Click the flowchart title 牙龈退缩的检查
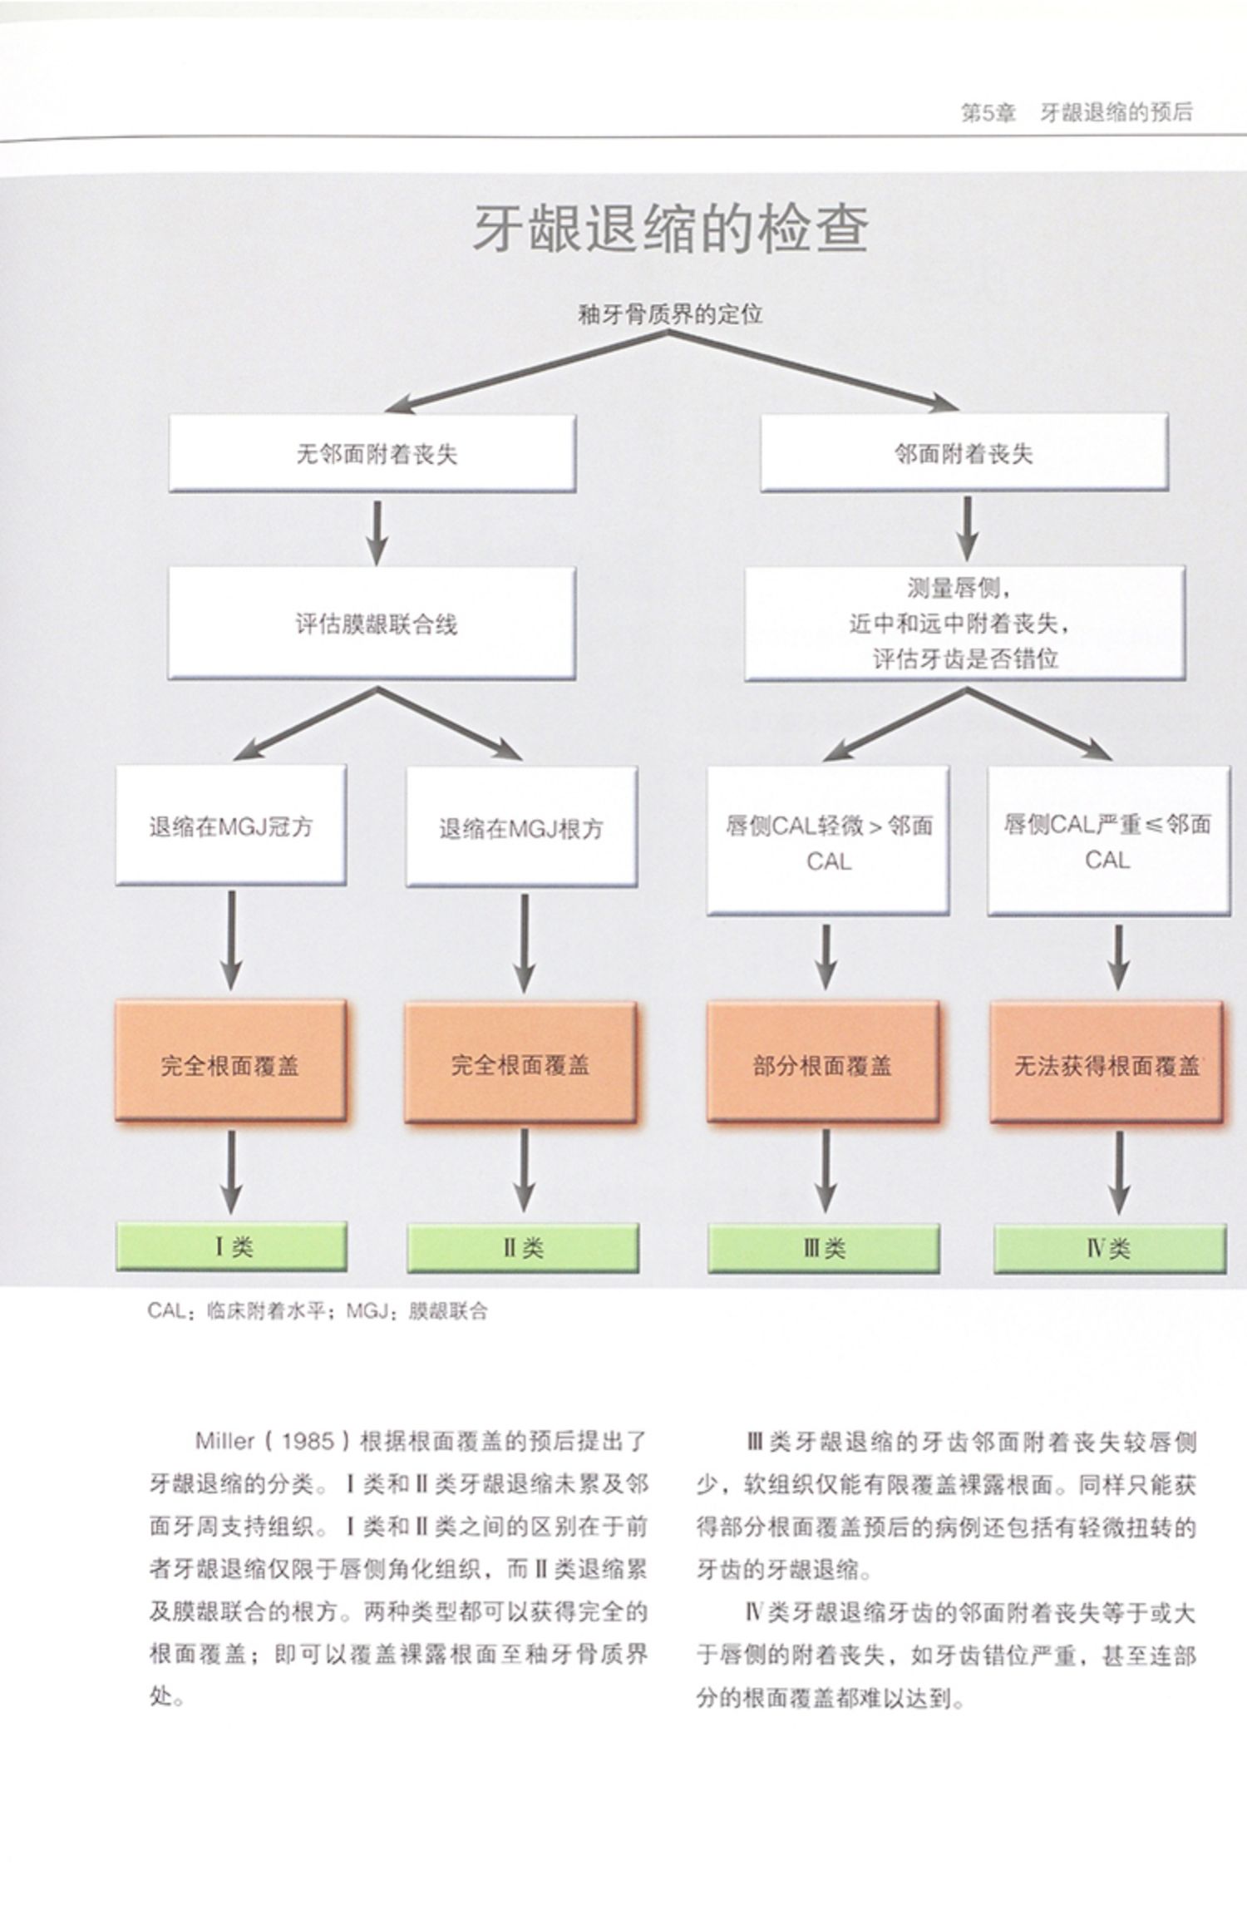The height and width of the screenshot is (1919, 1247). (670, 229)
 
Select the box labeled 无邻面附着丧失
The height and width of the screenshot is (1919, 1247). (372, 453)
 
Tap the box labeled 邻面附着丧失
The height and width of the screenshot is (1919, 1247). (964, 453)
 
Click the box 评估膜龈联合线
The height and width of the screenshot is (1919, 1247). (372, 624)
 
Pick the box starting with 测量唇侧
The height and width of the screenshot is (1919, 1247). (964, 624)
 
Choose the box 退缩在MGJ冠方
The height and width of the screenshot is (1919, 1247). (230, 826)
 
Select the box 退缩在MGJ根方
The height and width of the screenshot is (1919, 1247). (521, 827)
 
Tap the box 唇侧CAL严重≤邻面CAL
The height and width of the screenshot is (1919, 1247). (1107, 841)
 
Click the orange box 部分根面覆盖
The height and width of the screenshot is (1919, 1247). (822, 1064)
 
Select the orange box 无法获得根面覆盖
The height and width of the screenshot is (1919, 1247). (1107, 1064)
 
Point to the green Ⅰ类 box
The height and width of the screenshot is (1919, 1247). (231, 1247)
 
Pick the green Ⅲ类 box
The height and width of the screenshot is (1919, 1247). (824, 1248)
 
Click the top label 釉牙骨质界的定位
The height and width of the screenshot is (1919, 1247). (670, 314)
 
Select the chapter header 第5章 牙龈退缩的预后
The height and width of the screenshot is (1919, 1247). (1077, 113)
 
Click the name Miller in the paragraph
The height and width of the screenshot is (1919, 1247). (225, 1441)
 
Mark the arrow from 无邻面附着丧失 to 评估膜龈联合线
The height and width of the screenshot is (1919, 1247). (377, 530)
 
